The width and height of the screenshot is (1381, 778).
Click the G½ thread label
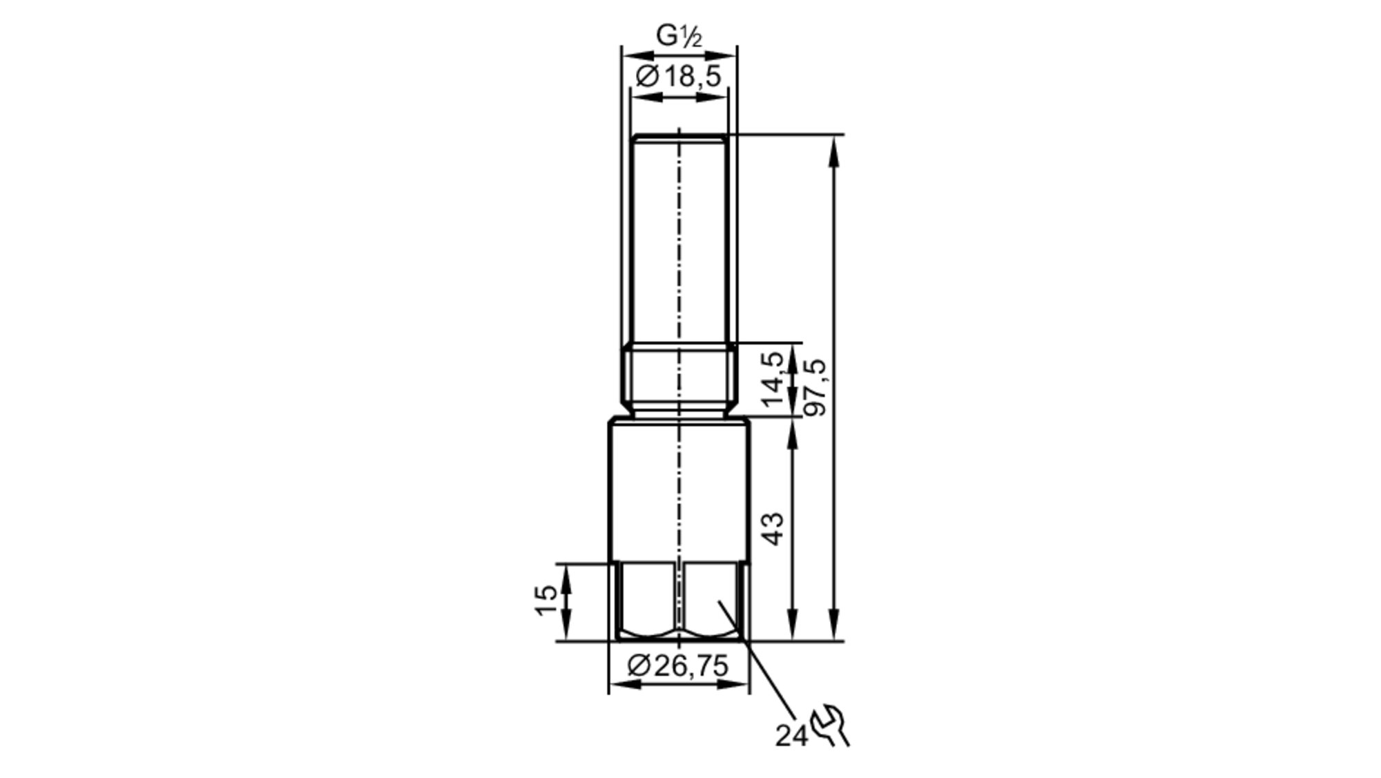click(678, 36)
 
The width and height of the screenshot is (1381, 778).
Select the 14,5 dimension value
click(773, 379)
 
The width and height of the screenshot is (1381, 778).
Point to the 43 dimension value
click(774, 529)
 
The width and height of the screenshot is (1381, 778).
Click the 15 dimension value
click(545, 600)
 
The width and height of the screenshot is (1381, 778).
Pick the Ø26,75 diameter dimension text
click(678, 666)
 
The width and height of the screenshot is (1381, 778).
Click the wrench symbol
click(831, 727)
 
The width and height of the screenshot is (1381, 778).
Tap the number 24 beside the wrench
click(790, 737)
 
